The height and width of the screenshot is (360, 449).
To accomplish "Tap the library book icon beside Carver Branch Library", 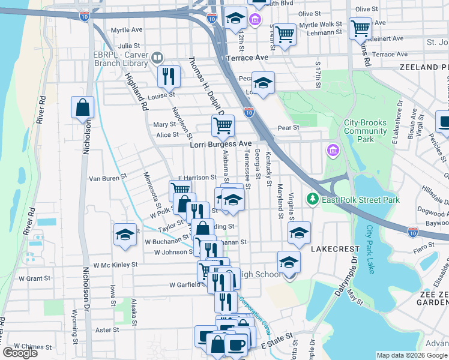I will click(157, 58).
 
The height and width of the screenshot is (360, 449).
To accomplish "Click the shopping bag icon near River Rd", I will click(83, 108).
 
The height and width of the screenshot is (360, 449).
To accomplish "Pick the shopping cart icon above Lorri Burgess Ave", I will click(223, 125).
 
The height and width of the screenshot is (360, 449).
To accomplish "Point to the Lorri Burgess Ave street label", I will click(221, 144).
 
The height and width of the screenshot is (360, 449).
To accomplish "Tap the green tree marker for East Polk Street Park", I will click(312, 199).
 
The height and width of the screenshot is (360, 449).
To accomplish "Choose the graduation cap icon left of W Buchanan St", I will click(125, 235).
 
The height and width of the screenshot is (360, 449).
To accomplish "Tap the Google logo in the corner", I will click(20, 353).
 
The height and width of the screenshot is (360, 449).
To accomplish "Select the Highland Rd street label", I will click(136, 92).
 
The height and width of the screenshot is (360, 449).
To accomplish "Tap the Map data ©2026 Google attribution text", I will click(411, 355).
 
